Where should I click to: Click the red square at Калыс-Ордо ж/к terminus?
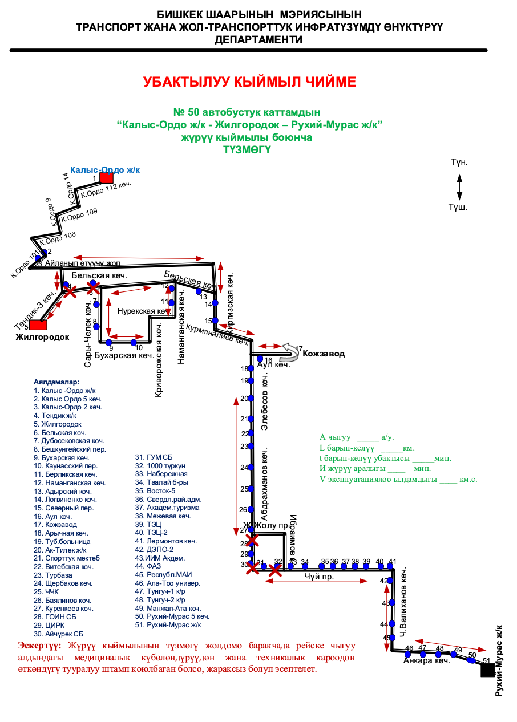[106, 177]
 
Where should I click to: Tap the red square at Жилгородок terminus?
[38, 325]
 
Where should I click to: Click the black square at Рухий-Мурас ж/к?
[487, 670]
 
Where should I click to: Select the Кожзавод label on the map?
[324, 354]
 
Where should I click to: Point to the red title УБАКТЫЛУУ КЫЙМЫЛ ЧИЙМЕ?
[249, 82]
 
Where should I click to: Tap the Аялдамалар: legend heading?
[56, 382]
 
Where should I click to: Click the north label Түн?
[459, 163]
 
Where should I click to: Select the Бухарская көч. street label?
[124, 356]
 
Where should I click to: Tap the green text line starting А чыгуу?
[357, 437]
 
